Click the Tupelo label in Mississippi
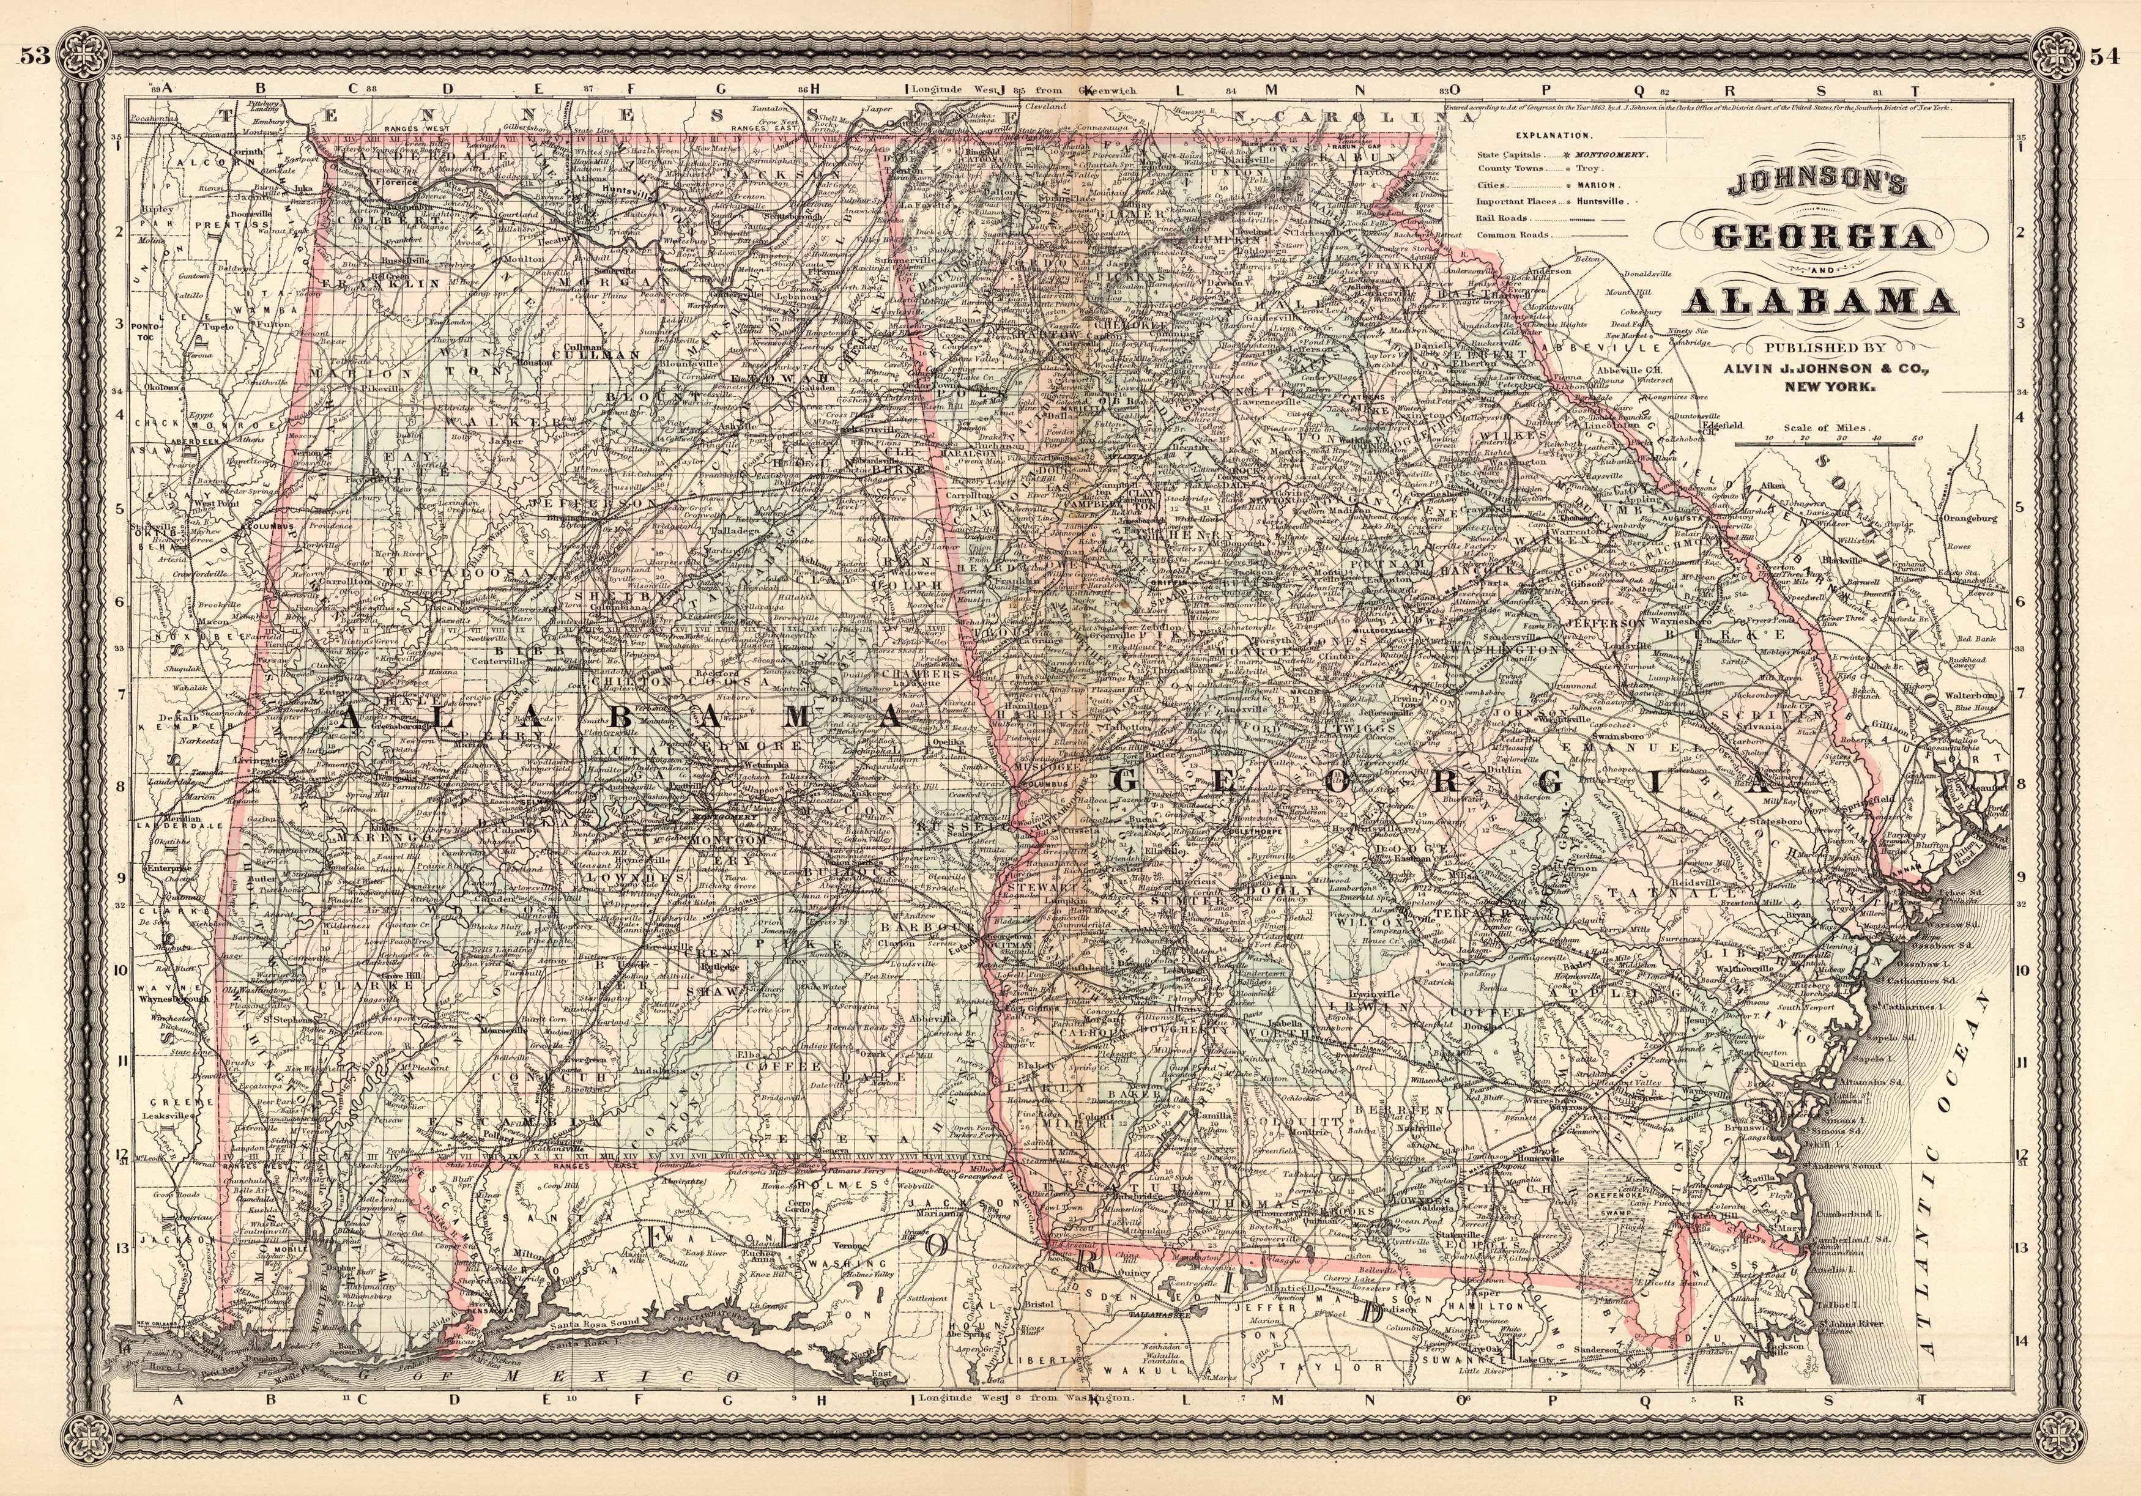(x=220, y=327)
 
